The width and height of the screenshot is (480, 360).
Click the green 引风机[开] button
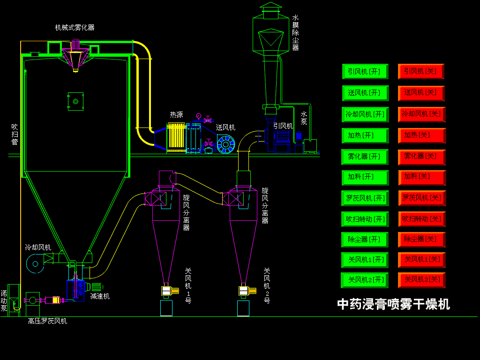tap(365, 72)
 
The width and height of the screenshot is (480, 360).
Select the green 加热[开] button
tap(365, 135)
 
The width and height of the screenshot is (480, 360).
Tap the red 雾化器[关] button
tap(421, 157)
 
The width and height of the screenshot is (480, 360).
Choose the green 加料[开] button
tap(365, 177)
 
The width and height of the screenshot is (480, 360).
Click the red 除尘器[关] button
tap(421, 240)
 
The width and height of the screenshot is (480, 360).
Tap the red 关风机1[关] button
tap(421, 260)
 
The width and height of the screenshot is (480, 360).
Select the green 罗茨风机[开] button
tap(365, 198)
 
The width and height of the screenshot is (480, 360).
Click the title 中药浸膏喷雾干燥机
tap(393, 304)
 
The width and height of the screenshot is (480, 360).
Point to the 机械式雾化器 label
tap(75, 28)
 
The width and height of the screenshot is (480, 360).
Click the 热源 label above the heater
tap(176, 115)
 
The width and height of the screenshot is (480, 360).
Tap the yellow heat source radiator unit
tap(177, 137)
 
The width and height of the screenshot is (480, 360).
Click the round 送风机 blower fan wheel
tap(226, 144)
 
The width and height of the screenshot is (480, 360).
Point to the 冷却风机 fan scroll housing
tap(35, 263)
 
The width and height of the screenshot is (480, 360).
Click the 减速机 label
tap(100, 296)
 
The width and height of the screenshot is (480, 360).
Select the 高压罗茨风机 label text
tap(47, 321)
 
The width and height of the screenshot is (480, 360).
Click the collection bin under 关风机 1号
tap(166, 308)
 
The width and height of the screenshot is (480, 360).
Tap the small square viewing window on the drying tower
tap(75, 101)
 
